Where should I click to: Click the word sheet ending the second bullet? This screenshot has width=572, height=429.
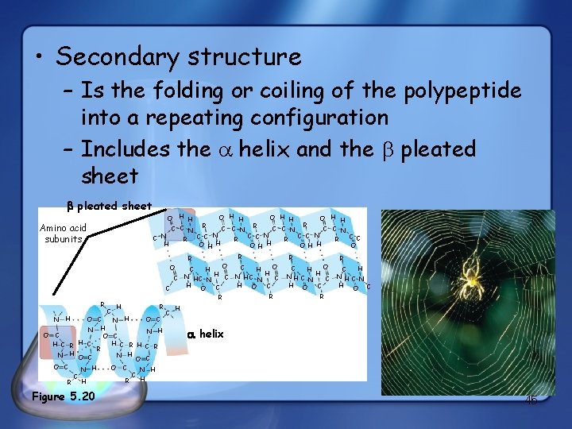(x=110, y=176)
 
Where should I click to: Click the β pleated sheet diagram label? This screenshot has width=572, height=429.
(x=109, y=206)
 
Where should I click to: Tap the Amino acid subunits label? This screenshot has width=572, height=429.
(x=63, y=233)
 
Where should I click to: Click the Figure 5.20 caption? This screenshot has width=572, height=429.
(x=63, y=396)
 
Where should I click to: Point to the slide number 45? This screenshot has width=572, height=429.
(x=531, y=401)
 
